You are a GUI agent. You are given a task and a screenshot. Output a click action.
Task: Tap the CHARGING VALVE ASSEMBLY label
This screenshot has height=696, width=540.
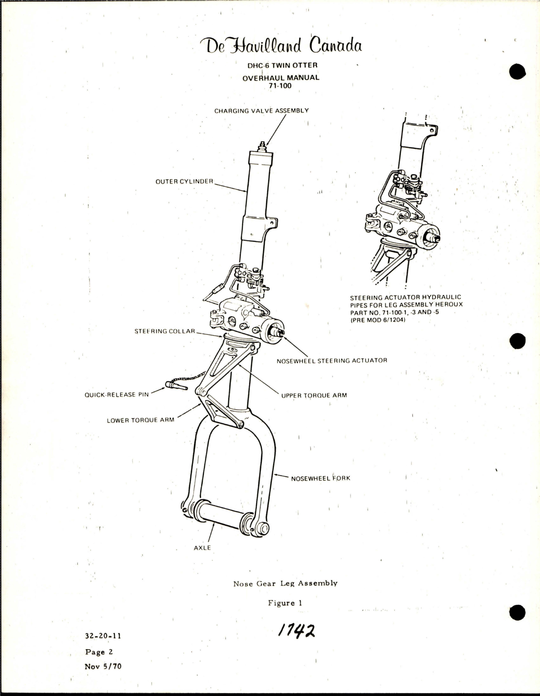tap(261, 111)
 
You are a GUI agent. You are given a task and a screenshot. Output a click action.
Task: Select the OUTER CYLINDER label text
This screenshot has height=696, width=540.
tap(185, 181)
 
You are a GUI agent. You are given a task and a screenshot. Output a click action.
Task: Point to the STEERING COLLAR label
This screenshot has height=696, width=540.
tap(165, 331)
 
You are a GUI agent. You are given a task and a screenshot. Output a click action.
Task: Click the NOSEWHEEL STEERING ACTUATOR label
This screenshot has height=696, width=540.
tap(331, 360)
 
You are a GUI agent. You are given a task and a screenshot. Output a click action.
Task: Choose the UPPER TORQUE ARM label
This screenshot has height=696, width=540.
tap(314, 395)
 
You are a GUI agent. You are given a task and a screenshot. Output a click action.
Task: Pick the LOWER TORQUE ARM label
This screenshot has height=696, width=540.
tap(140, 420)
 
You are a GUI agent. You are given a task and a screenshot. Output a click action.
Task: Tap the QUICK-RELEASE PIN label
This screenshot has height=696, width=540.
tap(117, 395)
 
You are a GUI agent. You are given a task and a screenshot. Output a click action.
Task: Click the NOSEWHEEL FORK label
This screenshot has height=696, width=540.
tap(320, 478)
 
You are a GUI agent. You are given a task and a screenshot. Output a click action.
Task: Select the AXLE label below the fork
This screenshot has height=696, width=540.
tap(202, 547)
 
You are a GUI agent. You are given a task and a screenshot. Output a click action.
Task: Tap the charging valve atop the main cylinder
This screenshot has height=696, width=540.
tap(262, 148)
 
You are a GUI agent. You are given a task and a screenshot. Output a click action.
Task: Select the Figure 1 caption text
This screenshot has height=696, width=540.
tap(285, 603)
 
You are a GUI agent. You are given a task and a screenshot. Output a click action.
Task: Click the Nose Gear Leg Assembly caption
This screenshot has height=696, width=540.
tap(285, 583)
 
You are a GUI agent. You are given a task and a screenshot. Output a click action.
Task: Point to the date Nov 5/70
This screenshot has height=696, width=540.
tap(103, 666)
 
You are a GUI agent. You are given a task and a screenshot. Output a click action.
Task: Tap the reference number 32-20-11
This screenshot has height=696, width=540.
tap(103, 637)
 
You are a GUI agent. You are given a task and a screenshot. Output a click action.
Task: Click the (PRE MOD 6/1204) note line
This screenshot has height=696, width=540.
tap(378, 320)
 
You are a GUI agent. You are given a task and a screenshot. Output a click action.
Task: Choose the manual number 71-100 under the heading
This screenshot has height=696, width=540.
tap(280, 86)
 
